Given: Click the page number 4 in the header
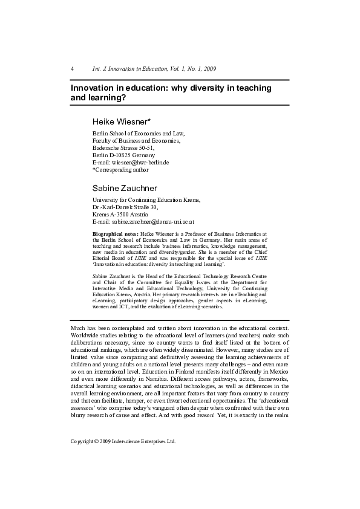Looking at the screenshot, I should [72, 69].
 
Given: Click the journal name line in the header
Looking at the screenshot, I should [154, 69].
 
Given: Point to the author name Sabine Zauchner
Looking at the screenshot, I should [125, 189].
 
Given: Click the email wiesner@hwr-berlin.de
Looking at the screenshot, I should [130, 163].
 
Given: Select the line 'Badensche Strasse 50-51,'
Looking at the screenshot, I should [123, 148].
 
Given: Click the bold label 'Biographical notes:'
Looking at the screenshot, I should [115, 233].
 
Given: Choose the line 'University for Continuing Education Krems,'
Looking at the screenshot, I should [146, 199].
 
